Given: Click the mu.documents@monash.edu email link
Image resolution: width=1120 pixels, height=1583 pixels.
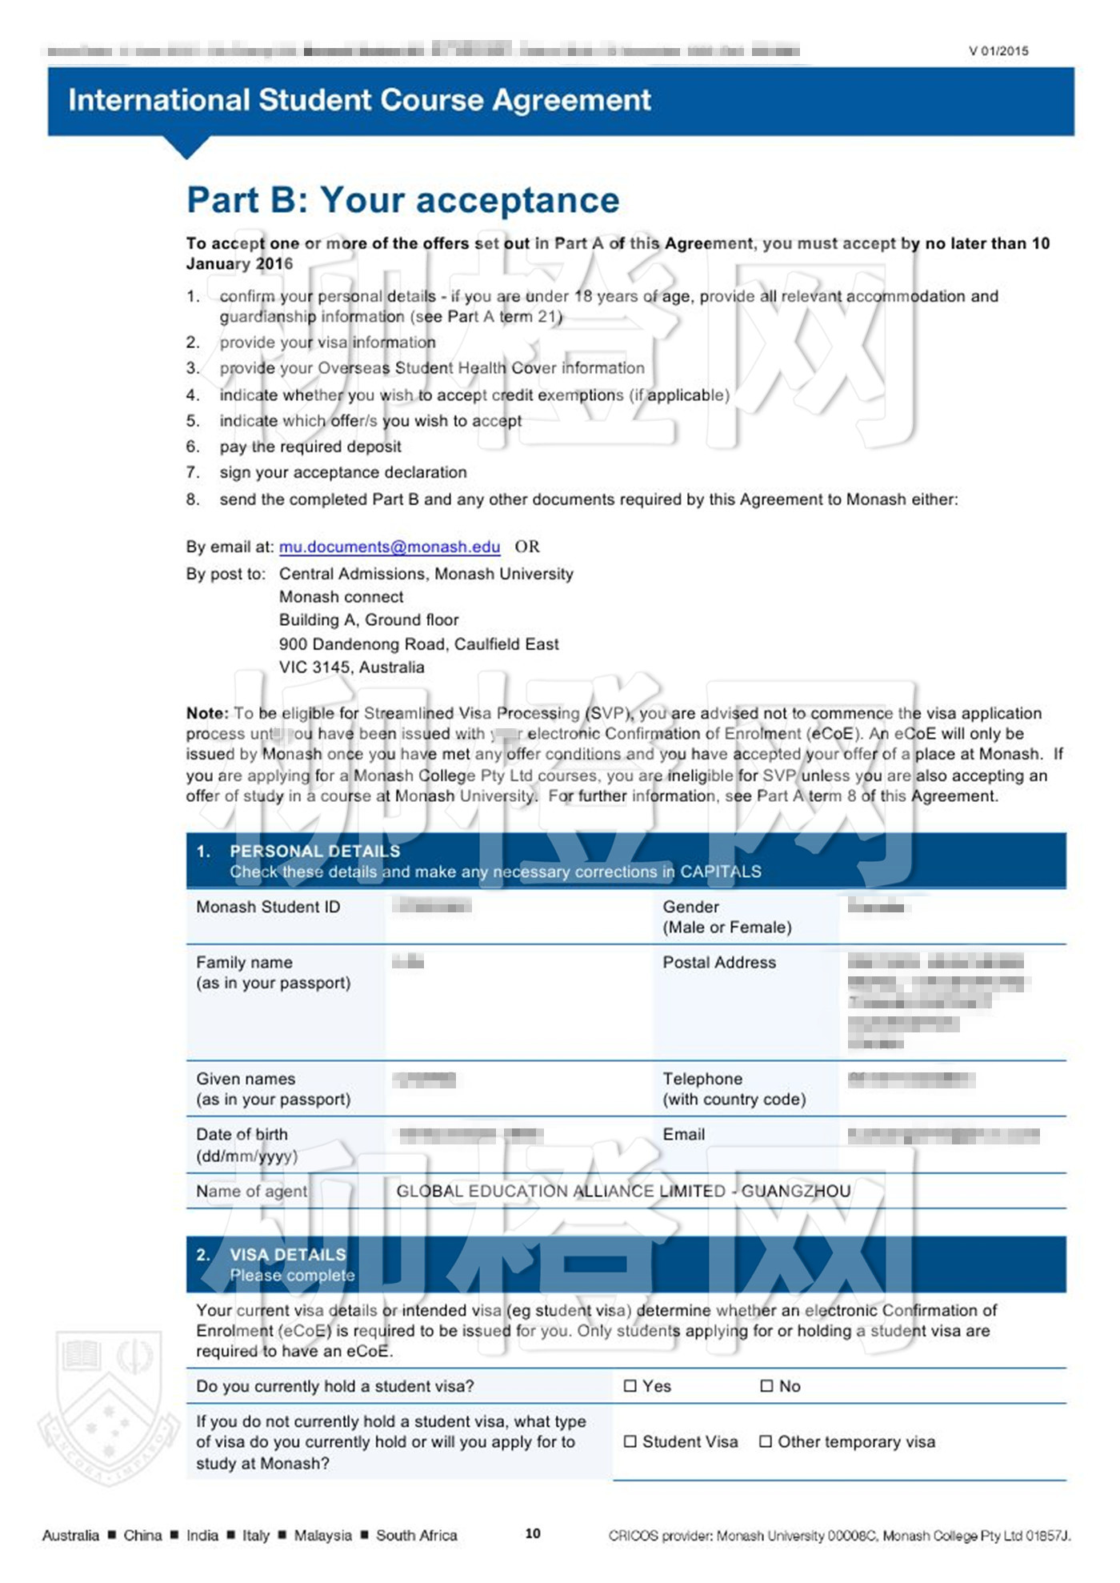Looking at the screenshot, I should coord(389,547).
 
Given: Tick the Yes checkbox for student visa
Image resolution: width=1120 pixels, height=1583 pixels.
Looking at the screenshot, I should coord(630,1385).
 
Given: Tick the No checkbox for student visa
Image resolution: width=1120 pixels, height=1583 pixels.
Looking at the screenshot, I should coord(766,1385).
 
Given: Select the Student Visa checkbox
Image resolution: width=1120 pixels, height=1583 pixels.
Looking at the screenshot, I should coord(630,1441).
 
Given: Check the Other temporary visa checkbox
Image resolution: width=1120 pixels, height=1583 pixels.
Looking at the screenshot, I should coord(766,1441).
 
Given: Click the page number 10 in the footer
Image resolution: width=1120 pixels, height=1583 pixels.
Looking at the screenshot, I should coord(533,1533).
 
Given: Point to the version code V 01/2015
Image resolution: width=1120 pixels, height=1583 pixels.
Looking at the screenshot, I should coord(998,51).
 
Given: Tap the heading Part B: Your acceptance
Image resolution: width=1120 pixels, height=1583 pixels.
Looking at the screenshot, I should coord(403,200).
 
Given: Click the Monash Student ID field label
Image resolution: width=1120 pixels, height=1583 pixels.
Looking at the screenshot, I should coord(268,907).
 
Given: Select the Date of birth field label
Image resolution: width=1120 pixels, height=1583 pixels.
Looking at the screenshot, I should coord(242,1134).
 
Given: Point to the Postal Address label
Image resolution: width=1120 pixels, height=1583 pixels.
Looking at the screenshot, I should coord(718,962).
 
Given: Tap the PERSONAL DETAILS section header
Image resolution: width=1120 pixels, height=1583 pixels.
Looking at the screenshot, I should coord(314,851).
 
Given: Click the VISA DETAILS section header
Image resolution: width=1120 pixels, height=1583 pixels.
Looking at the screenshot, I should coord(288,1254).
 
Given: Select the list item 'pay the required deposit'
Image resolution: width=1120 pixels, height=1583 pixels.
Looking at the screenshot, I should coord(310,447).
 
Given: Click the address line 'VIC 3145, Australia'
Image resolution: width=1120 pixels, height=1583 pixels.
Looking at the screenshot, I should coord(351,667).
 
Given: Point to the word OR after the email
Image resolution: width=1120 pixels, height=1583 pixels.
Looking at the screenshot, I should coord(527,547).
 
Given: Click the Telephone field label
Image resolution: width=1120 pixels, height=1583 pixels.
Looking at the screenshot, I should coord(702,1078).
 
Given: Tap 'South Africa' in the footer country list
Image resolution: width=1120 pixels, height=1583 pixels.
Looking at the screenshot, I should coord(417,1535).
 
